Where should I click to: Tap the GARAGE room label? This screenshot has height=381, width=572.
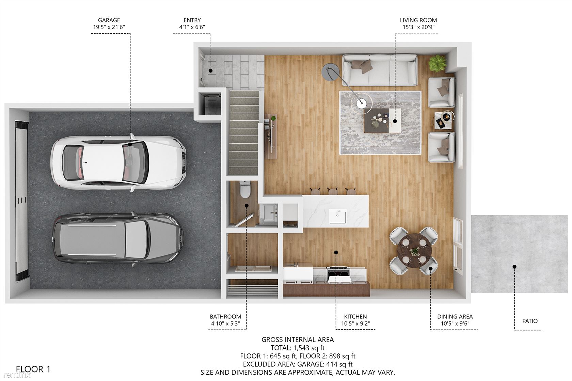[109, 20]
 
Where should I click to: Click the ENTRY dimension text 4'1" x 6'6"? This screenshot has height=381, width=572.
[192, 27]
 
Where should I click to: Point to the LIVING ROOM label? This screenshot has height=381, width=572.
[418, 20]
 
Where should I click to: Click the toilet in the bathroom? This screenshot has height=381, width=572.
[245, 189]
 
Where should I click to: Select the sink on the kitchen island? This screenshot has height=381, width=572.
[337, 216]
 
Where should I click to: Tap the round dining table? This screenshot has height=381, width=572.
[414, 250]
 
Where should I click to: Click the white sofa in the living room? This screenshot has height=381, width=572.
[380, 70]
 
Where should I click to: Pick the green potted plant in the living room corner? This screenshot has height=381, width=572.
[438, 63]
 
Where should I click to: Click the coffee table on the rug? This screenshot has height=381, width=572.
[382, 120]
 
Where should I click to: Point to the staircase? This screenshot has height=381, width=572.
[244, 133]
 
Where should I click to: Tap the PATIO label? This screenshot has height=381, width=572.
[530, 321]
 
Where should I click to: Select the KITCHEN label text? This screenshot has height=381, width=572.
[355, 317]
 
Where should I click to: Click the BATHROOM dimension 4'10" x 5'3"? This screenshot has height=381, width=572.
[225, 324]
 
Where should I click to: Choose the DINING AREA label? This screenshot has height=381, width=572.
[455, 317]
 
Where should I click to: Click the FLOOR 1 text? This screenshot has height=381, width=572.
[33, 369]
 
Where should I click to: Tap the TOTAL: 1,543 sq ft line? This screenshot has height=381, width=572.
[298, 348]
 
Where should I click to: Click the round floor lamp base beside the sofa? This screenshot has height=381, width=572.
[330, 70]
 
